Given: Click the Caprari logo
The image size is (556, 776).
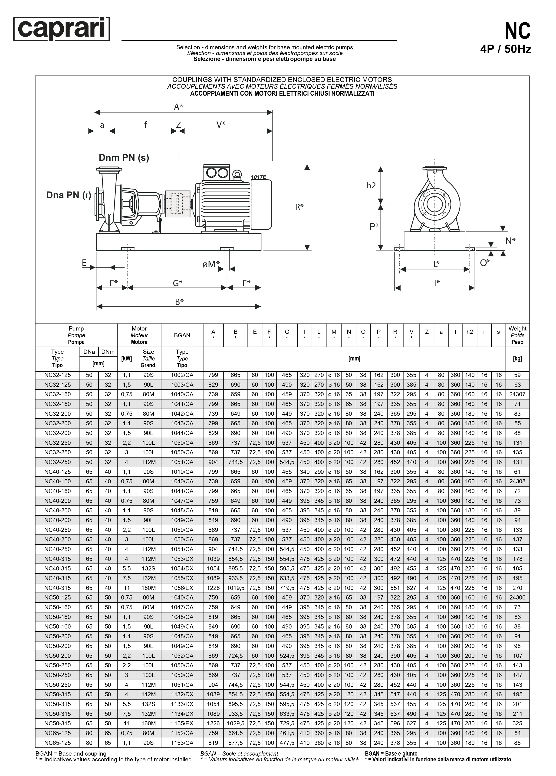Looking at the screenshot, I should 62,29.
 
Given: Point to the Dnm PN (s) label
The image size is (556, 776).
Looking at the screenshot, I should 124,158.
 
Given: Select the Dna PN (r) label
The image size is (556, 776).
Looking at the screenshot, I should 69,195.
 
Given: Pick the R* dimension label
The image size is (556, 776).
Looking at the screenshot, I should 299,207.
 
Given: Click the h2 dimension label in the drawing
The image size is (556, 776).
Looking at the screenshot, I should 371,185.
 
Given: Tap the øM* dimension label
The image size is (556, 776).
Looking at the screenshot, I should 211,264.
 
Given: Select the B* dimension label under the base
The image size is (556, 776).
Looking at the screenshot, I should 179,302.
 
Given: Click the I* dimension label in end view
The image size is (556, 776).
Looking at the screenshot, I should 437,283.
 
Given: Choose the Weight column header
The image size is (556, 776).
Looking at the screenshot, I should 517,335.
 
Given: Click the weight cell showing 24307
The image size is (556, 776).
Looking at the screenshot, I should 517,394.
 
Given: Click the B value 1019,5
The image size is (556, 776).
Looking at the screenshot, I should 236,588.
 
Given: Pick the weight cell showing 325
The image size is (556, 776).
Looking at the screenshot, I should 517,723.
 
